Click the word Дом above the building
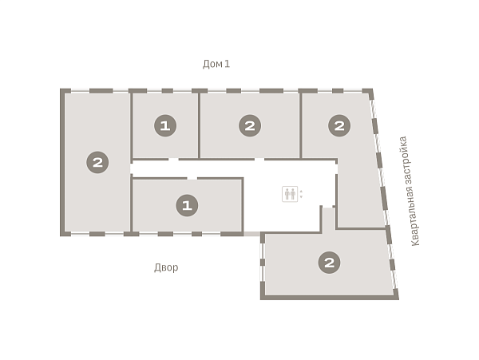(212, 64)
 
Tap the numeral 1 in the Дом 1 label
(227, 64)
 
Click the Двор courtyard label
(166, 267)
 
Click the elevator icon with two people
(290, 194)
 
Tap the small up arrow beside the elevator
(301, 191)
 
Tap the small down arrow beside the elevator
(301, 197)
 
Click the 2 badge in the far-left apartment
(97, 162)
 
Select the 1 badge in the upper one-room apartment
(165, 125)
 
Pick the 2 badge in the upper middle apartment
(250, 125)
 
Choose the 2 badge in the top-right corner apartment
(339, 125)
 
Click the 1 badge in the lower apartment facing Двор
(187, 205)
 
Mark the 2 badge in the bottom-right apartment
(329, 263)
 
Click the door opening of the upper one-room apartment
(173, 159)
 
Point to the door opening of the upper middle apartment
(259, 159)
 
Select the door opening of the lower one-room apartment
(192, 178)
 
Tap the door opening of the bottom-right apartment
(327, 207)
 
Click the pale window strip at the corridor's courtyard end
(251, 234)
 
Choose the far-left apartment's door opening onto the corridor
(132, 168)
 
